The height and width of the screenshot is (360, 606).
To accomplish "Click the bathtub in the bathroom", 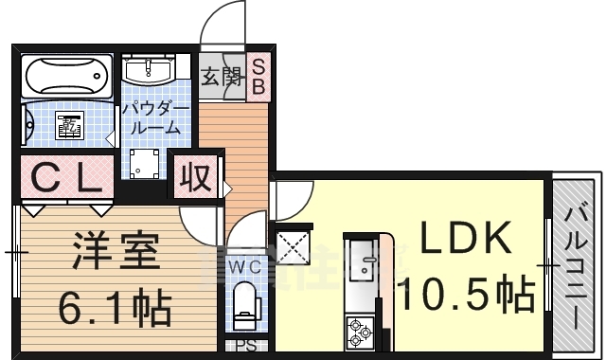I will [64, 75].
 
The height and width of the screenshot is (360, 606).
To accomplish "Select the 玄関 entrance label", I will [221, 77].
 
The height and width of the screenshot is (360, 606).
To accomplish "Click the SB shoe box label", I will [258, 77].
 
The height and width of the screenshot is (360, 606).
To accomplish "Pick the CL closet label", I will [65, 177].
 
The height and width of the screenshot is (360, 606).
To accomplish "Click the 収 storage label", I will [195, 175].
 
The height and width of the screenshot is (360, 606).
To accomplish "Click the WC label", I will [245, 266].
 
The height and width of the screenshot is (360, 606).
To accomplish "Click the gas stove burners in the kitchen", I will [361, 331].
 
